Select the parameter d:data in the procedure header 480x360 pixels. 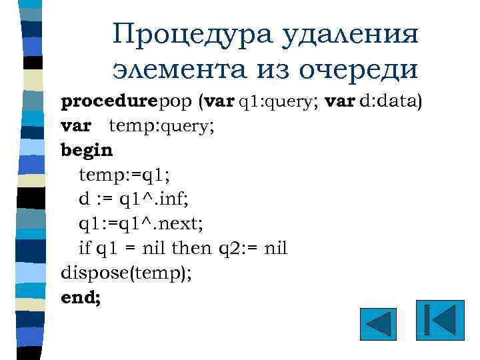(390, 102)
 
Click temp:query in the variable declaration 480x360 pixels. (158, 126)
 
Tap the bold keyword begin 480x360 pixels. (87, 149)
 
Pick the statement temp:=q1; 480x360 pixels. (125, 175)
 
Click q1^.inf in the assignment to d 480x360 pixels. (153, 199)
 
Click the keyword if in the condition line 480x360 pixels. (85, 248)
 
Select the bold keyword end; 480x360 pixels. (81, 297)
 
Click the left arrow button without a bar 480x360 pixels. (378, 325)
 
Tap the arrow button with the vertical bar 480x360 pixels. (439, 322)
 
